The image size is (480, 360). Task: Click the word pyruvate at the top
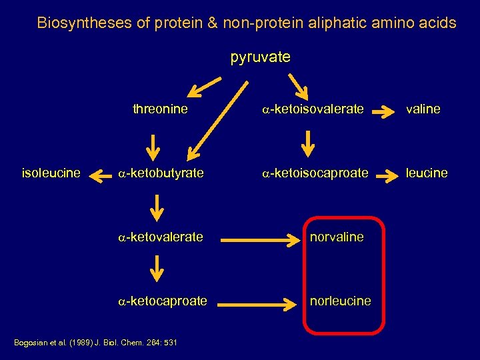pyautogui.click(x=260, y=57)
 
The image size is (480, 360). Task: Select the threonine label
pyautogui.click(x=160, y=109)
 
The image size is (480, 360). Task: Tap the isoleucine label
pyautogui.click(x=51, y=173)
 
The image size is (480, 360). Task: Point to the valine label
pyautogui.click(x=423, y=109)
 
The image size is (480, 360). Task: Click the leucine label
pyautogui.click(x=427, y=173)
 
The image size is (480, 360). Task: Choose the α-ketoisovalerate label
pyautogui.click(x=313, y=109)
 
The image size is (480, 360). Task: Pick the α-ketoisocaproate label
pyautogui.click(x=315, y=173)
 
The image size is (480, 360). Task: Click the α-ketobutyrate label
pyautogui.click(x=161, y=173)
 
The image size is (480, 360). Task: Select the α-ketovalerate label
pyautogui.click(x=161, y=237)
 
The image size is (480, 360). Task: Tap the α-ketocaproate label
pyautogui.click(x=163, y=301)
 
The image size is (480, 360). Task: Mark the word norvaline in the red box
pyautogui.click(x=337, y=237)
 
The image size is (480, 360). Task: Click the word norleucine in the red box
pyautogui.click(x=340, y=301)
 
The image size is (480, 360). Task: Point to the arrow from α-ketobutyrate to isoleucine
pyautogui.click(x=101, y=176)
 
